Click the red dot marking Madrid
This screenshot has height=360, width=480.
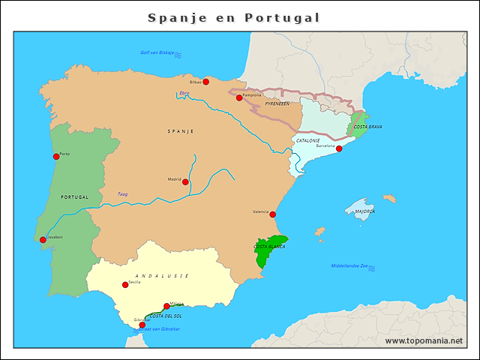(185, 181)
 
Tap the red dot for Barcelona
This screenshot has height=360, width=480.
(339, 148)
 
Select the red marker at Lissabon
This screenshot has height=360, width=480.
(43, 240)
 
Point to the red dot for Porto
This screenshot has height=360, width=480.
(56, 156)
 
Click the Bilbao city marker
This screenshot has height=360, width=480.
(206, 82)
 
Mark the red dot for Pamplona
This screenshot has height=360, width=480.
(239, 97)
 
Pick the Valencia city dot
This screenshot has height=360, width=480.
(272, 214)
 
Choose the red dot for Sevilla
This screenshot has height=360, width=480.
(125, 285)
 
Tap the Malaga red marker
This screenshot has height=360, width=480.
(166, 306)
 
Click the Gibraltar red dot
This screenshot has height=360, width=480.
(142, 325)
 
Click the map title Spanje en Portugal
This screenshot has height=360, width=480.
(233, 17)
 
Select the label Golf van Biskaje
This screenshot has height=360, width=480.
(157, 52)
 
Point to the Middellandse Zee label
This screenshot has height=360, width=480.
(349, 266)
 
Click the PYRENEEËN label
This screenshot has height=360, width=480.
(277, 104)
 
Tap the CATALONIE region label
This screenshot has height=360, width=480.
(308, 140)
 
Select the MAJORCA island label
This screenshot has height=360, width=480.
(365, 211)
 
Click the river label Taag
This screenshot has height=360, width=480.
(122, 194)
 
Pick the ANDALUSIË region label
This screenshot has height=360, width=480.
(161, 276)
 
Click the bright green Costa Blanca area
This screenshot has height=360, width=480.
(268, 251)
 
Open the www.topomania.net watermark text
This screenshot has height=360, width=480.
(424, 340)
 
